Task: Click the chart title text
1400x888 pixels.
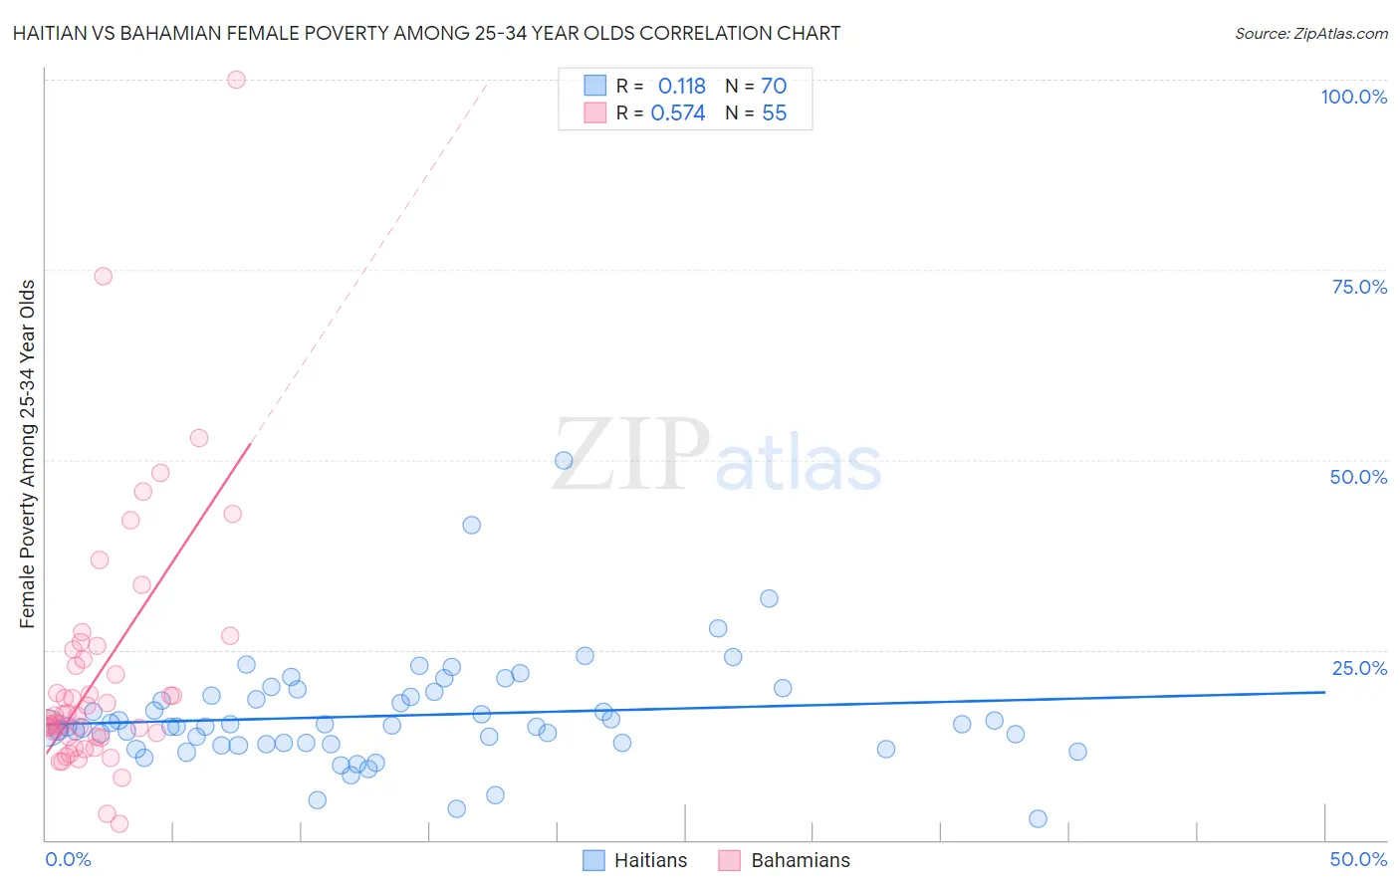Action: point(426,33)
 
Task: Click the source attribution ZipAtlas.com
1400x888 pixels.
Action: point(1310,33)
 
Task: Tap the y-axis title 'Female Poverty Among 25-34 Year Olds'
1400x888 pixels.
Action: point(27,454)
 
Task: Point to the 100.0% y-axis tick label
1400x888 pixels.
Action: point(1353,97)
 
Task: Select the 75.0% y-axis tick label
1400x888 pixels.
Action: point(1359,287)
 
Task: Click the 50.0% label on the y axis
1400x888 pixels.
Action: point(1358,477)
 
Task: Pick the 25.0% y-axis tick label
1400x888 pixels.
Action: point(1359,668)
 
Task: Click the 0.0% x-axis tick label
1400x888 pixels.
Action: point(68,859)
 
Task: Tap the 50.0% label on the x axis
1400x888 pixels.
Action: point(1358,859)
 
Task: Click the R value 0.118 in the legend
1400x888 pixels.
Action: point(681,87)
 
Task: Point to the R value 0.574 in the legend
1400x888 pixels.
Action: point(677,113)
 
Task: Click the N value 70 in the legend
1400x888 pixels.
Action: point(774,87)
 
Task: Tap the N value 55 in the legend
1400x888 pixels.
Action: point(774,113)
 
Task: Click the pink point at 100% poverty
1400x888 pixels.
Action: point(236,80)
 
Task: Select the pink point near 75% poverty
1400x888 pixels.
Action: point(103,277)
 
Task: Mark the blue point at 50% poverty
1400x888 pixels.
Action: point(564,460)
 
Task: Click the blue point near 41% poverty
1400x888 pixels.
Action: point(472,525)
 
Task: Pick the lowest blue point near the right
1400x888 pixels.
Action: point(1038,818)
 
